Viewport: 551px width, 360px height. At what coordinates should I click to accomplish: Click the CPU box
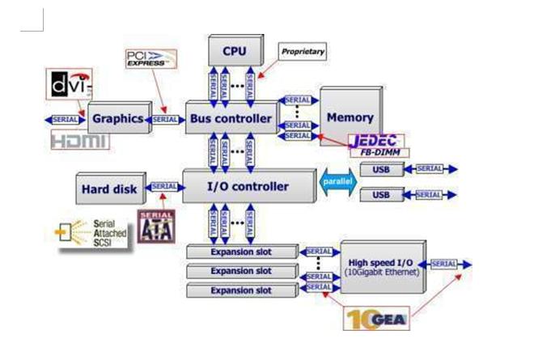click(235, 51)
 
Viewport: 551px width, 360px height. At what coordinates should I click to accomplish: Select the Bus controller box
click(231, 118)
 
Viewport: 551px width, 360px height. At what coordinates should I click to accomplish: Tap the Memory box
click(350, 116)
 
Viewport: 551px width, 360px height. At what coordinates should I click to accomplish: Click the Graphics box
click(117, 118)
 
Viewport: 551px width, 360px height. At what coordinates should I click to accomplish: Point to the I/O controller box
click(248, 186)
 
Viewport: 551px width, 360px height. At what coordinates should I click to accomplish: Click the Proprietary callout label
click(303, 52)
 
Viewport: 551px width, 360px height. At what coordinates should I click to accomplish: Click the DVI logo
click(70, 84)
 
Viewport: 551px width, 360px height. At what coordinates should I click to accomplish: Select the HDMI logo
click(79, 141)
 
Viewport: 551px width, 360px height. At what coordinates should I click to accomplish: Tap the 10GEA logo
click(375, 318)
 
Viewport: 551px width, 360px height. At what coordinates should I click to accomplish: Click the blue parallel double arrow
click(336, 182)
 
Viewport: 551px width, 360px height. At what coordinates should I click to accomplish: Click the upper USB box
click(380, 170)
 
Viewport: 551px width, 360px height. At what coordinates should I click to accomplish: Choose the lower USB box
click(380, 195)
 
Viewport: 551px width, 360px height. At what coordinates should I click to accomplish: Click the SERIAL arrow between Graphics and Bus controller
click(167, 119)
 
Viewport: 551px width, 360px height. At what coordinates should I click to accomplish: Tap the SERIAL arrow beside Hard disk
click(164, 187)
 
